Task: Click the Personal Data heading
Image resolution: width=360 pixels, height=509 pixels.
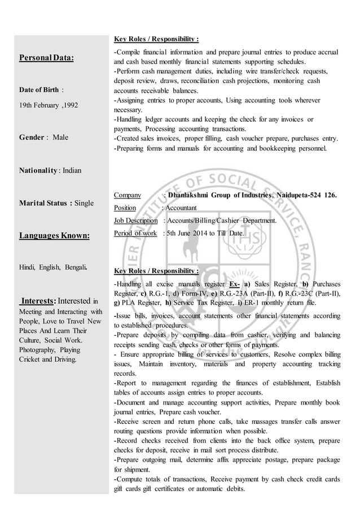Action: point(47,58)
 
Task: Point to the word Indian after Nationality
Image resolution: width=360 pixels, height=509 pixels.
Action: point(72,170)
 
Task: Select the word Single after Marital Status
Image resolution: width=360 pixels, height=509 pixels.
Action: point(84,203)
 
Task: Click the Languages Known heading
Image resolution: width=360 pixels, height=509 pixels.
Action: point(54,235)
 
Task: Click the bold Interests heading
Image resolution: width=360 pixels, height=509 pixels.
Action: point(38,301)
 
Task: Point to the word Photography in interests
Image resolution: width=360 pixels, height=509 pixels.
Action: point(38,350)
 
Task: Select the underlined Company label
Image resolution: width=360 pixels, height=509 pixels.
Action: point(128,195)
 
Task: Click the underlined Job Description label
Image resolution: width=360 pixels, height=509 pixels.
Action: point(135,220)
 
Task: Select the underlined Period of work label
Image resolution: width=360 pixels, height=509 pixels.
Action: point(135,232)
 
